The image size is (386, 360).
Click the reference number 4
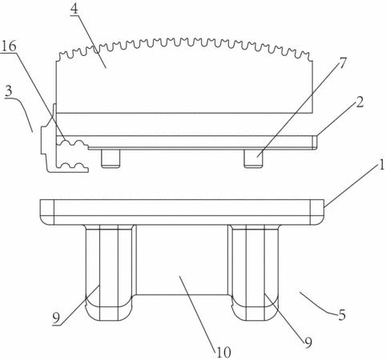(74, 9)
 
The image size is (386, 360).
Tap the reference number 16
(9, 46)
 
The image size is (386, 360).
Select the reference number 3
(9, 91)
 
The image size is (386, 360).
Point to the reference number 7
(343, 63)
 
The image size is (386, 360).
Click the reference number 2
(360, 102)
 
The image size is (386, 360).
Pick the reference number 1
(382, 165)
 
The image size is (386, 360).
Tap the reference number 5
(342, 315)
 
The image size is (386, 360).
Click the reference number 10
(223, 353)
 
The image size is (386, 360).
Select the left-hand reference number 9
(56, 318)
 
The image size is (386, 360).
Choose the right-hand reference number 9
(308, 342)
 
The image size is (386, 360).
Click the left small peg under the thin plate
(111, 158)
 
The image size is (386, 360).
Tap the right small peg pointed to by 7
(253, 158)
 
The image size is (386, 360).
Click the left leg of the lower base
(109, 273)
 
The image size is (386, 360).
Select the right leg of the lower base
(255, 273)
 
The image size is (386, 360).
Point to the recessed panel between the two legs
(183, 260)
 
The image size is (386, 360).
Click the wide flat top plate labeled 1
(182, 212)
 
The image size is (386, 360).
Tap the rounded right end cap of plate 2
(315, 142)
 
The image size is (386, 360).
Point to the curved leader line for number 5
(318, 304)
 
